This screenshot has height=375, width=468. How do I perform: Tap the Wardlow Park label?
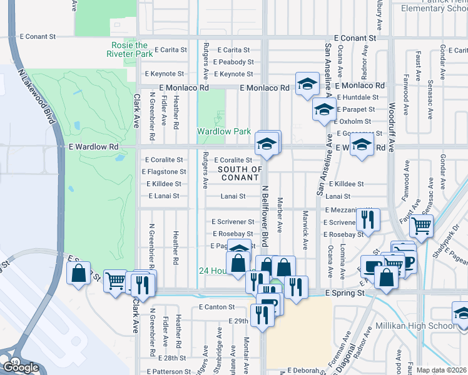[x=224, y=132]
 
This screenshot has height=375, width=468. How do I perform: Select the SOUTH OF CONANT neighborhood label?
[x=240, y=173]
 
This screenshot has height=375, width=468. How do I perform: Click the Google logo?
[x=20, y=367]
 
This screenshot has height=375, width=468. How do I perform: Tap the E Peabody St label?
[x=233, y=62]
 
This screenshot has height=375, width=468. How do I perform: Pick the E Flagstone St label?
[x=164, y=172]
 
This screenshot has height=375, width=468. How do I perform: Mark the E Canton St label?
[x=216, y=307]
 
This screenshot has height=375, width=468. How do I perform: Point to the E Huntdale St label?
[x=358, y=97]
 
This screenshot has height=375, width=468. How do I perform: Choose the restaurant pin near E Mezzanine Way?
[x=367, y=219]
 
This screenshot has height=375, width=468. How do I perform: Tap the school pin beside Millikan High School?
[x=461, y=312]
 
